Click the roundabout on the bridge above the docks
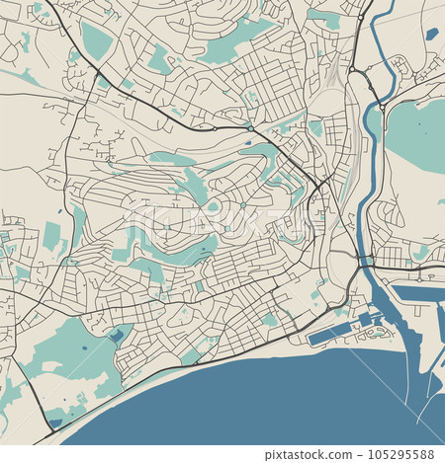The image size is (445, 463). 365,262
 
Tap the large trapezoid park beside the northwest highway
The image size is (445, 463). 96,41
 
